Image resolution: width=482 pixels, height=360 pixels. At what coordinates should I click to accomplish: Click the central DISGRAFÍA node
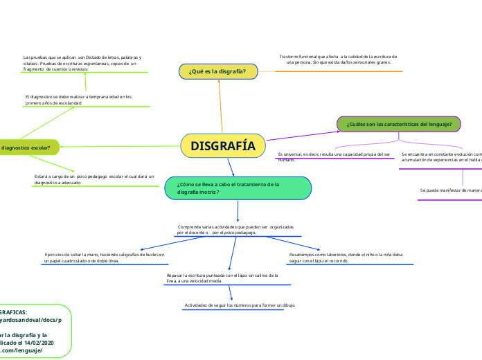222,146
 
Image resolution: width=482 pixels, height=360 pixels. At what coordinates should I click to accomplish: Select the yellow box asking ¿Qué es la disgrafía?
217,71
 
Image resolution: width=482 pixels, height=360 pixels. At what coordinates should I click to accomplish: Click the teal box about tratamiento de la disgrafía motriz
238,188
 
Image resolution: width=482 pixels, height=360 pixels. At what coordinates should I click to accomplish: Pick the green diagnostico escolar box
28,147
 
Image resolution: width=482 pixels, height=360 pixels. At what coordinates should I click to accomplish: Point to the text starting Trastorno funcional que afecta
338,59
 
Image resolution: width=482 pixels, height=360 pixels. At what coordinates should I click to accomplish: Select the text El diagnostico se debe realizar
78,100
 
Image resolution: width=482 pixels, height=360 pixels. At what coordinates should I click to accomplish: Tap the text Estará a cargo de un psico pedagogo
93,179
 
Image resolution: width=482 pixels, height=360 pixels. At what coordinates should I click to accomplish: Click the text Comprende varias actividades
235,229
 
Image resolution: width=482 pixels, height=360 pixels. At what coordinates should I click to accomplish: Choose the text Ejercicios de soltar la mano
104,258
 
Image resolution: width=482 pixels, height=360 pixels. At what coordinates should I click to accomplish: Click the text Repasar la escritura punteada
222,278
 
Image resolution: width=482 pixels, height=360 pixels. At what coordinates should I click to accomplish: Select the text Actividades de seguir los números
240,305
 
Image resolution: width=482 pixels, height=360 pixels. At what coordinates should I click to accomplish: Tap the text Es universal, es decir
334,156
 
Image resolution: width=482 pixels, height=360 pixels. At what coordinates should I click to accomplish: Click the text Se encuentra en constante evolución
441,156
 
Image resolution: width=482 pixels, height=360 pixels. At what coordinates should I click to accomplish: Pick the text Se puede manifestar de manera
451,190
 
